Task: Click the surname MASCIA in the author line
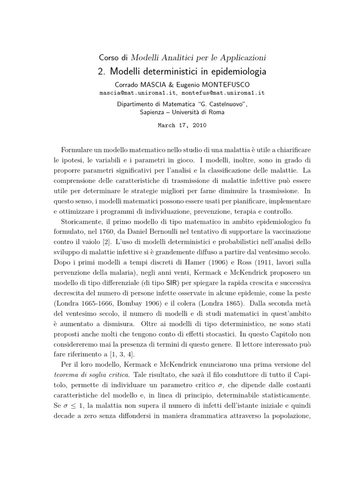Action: (157, 84)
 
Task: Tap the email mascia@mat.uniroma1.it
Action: (139, 93)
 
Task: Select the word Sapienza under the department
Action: (155, 112)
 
